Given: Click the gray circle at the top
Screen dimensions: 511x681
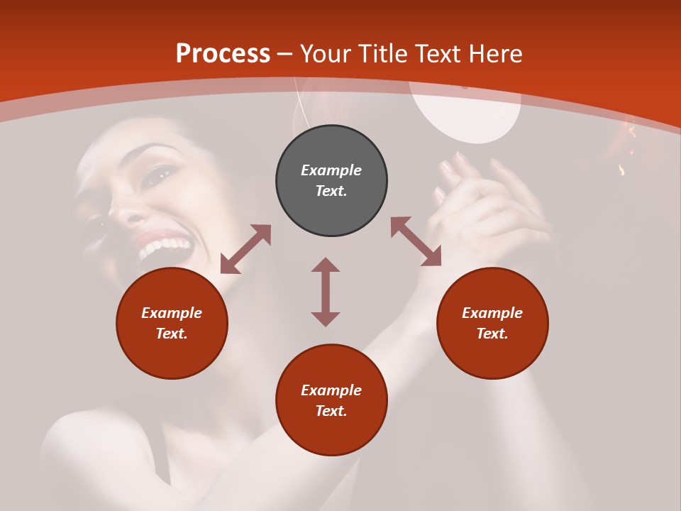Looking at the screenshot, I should pos(331,181).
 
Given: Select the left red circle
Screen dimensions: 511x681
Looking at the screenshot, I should pos(172,323).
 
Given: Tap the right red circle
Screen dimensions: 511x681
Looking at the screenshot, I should pos(492,323).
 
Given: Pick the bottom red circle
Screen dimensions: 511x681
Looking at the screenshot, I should pos(331,400).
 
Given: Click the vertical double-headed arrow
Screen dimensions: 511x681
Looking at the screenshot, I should pos(326,292).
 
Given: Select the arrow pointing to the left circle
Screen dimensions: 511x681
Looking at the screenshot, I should pos(245,249).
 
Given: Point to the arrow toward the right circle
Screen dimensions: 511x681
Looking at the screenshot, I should pos(416,241).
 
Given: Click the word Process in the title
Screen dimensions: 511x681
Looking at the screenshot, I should pos(223,54).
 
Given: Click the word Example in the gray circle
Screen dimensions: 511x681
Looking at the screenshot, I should pos(331,170).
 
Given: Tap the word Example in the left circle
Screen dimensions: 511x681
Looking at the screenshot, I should pos(172,313).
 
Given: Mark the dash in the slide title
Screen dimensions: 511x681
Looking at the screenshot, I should pos(285,54).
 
